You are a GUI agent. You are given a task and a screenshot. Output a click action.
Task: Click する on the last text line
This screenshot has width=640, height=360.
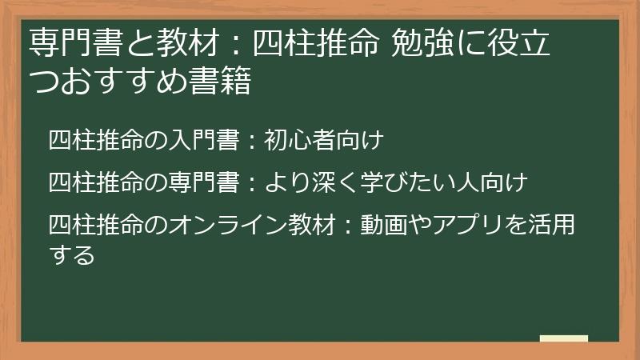pyautogui.click(x=72, y=255)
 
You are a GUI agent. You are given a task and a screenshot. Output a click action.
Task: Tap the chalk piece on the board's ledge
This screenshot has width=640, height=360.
pyautogui.click(x=564, y=338)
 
